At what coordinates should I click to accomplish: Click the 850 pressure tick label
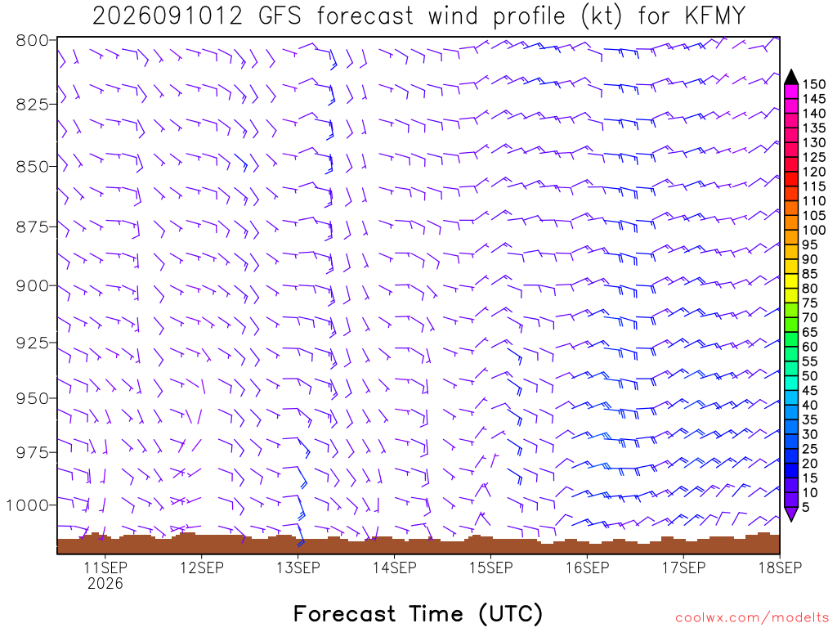pyautogui.click(x=33, y=167)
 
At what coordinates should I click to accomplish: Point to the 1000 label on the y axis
pyautogui.click(x=28, y=505)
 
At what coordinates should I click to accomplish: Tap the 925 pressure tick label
pyautogui.click(x=33, y=343)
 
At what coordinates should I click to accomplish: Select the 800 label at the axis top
pyautogui.click(x=33, y=41)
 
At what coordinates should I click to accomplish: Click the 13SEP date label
pyautogui.click(x=298, y=567)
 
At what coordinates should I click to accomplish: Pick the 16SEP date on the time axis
pyautogui.click(x=587, y=567)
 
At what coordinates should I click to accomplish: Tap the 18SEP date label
pyautogui.click(x=780, y=567)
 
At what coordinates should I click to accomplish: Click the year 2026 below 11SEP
pyautogui.click(x=105, y=584)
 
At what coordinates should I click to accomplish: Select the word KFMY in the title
pyautogui.click(x=714, y=16)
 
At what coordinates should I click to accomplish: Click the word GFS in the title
pyautogui.click(x=280, y=16)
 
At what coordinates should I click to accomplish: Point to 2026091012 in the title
pyautogui.click(x=168, y=16)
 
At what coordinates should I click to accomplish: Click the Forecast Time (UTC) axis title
pyautogui.click(x=418, y=613)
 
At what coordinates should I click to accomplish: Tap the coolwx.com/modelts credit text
pyautogui.click(x=752, y=618)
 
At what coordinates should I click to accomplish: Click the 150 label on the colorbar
pyautogui.click(x=814, y=84)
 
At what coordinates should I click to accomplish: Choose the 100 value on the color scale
pyautogui.click(x=814, y=230)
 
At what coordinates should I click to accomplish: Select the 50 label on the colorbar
pyautogui.click(x=810, y=376)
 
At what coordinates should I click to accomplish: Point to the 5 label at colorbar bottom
pyautogui.click(x=805, y=507)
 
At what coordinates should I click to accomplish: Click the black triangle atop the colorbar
pyautogui.click(x=791, y=78)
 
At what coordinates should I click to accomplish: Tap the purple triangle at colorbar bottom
pyautogui.click(x=791, y=514)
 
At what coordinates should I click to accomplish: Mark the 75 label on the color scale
pyautogui.click(x=810, y=303)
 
